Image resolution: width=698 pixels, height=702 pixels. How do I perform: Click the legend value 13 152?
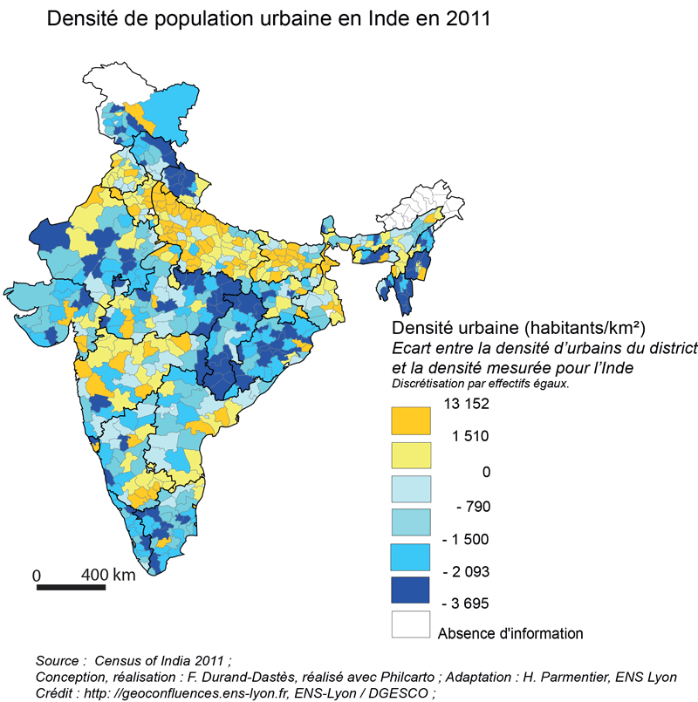465,404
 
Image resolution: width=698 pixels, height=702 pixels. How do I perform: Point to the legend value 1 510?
469,437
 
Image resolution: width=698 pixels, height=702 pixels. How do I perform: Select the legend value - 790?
469,506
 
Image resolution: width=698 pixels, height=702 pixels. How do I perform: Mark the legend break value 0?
486,472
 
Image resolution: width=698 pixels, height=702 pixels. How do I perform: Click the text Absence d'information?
510,633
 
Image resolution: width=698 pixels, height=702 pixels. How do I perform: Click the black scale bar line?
71,586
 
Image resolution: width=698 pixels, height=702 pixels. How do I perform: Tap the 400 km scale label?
108,575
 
